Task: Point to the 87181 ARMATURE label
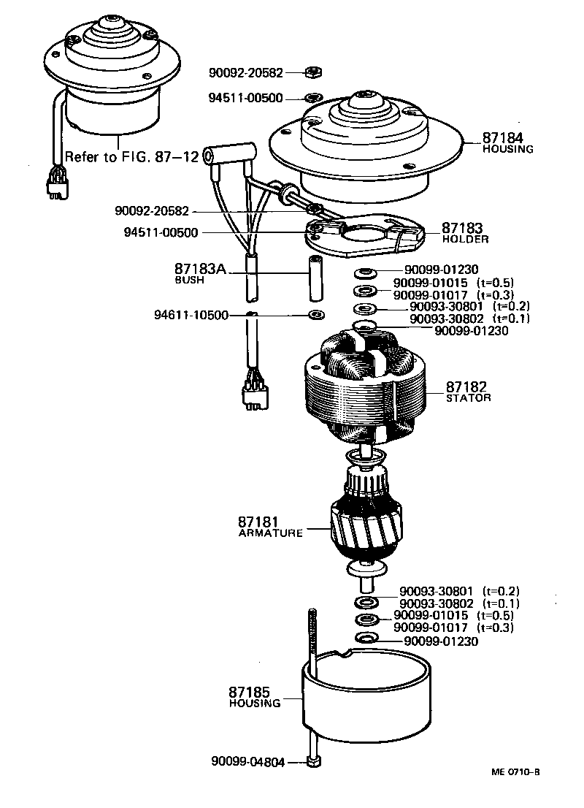259,522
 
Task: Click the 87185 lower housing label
250,691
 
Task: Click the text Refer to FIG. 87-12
127,156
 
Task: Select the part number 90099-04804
250,761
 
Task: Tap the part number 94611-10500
191,315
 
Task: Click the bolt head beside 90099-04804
314,762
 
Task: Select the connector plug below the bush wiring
252,395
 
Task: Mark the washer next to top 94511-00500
312,97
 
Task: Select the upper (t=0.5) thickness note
496,283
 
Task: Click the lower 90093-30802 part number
436,603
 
